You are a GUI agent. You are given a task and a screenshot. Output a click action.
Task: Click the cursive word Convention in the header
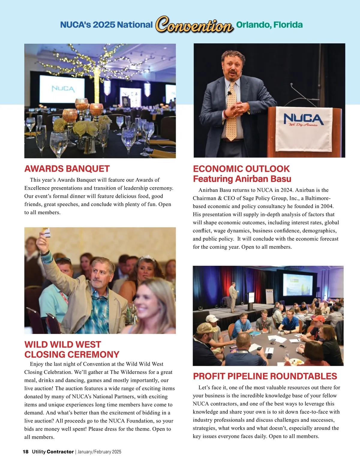[194, 25]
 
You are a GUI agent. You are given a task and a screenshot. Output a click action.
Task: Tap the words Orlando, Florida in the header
[269, 25]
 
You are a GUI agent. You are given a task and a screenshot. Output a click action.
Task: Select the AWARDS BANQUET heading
[67, 169]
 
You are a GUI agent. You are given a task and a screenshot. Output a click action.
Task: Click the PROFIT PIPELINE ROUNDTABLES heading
[265, 376]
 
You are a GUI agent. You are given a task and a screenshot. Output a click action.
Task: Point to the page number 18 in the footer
[25, 452]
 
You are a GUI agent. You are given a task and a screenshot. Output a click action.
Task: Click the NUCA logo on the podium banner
[303, 119]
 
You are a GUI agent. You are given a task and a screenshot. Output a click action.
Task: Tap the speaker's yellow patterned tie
[231, 114]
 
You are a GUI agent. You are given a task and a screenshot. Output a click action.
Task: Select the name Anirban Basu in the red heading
[263, 179]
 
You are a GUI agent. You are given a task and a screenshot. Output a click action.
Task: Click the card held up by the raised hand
[46, 232]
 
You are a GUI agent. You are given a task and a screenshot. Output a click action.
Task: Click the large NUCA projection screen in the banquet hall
[62, 89]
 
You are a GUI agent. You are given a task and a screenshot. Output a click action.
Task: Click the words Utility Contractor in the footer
[53, 452]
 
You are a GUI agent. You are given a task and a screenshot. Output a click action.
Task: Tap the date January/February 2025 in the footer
[99, 452]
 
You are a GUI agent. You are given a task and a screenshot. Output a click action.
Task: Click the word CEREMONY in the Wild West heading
[88, 355]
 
